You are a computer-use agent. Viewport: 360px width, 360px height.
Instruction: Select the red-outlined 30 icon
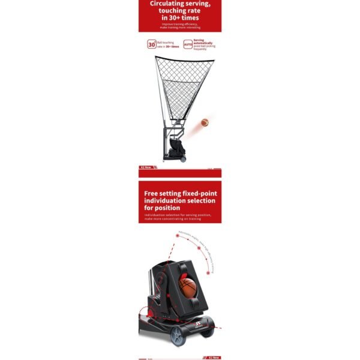[151, 44]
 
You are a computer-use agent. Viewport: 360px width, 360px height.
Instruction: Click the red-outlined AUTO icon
[188, 44]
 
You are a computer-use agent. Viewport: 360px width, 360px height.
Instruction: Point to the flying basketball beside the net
[205, 122]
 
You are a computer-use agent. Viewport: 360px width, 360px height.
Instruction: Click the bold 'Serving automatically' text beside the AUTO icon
[203, 42]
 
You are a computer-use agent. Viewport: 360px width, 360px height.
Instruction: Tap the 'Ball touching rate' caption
[167, 44]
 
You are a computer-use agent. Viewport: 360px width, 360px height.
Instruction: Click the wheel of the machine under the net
[182, 158]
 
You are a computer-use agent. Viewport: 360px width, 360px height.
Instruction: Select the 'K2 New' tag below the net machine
[145, 167]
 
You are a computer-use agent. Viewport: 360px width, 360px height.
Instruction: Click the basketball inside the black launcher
[188, 287]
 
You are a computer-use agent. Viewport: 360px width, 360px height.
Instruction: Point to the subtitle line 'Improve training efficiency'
[180, 24]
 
